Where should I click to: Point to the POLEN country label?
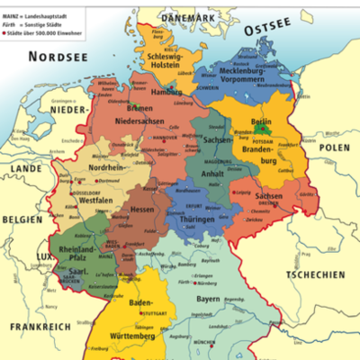(334, 147)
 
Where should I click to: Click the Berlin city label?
(262, 121)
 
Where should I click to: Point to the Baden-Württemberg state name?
(144, 320)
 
